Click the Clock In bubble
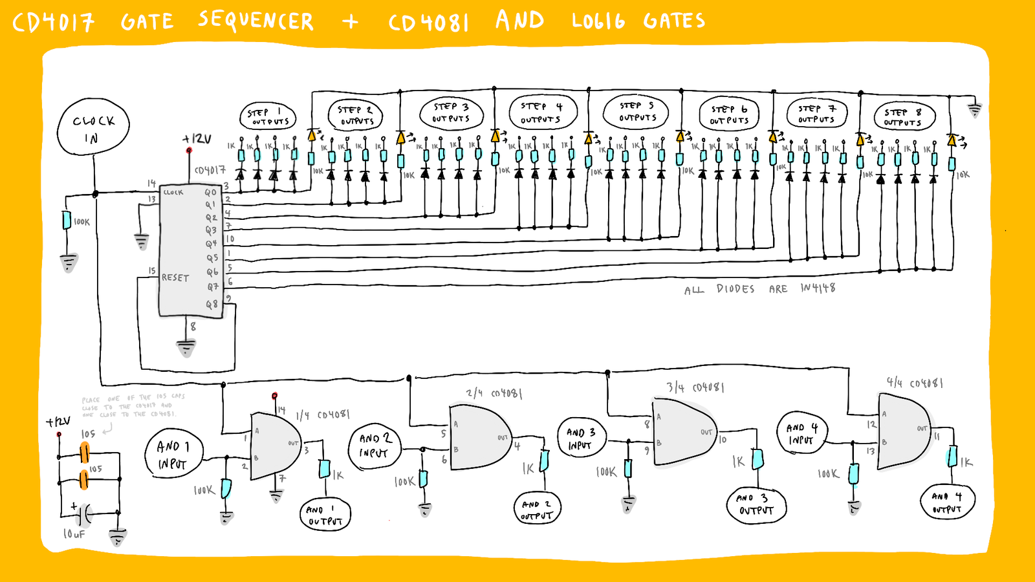tap(93, 127)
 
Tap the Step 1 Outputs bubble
tap(268, 116)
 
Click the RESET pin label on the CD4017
tap(175, 277)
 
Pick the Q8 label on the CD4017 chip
tap(212, 303)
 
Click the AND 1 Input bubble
tap(173, 454)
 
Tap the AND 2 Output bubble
tap(537, 509)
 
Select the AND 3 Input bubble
tap(581, 438)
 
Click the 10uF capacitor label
tap(74, 534)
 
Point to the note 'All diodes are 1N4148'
tap(759, 288)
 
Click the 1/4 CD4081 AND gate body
tap(275, 446)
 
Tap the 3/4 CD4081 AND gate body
tap(682, 432)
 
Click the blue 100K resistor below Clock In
tap(67, 221)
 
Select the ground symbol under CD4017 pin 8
tap(186, 347)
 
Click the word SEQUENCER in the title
tap(256, 21)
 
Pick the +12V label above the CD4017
tap(197, 139)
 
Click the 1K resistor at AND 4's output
tap(952, 457)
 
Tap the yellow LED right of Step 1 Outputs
tap(312, 135)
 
